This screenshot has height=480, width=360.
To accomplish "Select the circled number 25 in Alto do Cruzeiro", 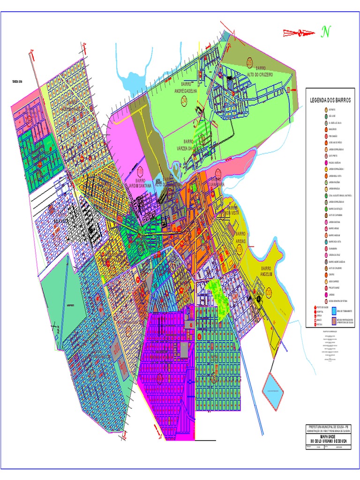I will [x=249, y=63].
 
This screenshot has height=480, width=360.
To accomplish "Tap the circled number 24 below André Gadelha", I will [x=184, y=100].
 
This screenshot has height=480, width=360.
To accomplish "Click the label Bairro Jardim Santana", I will [x=141, y=183].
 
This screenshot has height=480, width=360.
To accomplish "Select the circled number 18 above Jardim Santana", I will [x=140, y=172].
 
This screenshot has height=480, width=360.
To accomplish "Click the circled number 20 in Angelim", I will [x=269, y=292].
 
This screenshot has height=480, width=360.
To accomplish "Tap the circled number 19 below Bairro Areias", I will [x=240, y=250].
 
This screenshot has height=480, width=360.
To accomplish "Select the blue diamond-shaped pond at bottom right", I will [x=274, y=389].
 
